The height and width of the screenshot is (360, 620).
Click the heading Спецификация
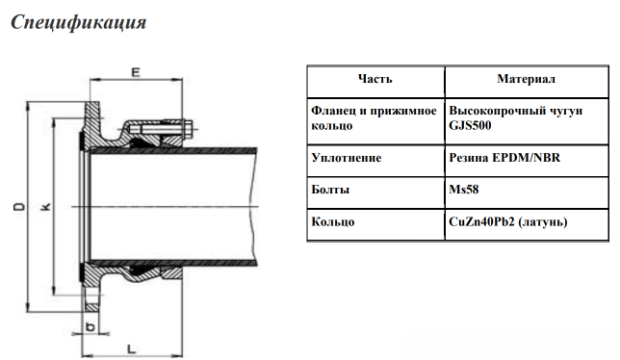coord(78,22)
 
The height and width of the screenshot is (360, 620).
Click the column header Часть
coord(375,79)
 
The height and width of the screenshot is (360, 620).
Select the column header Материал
coord(526,79)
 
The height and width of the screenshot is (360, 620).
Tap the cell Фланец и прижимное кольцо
coord(374,118)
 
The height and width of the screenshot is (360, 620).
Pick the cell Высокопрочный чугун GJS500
coord(505,118)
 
